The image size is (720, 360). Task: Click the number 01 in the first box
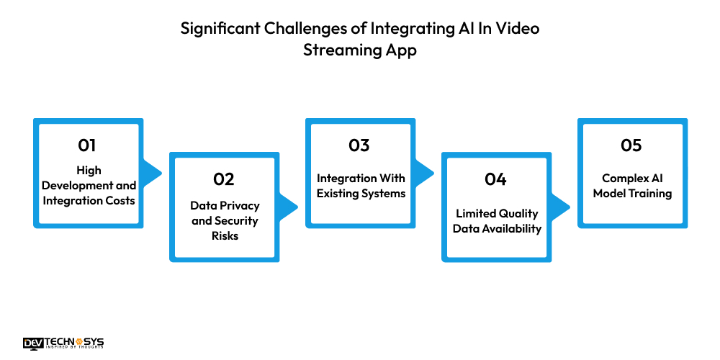point(87,145)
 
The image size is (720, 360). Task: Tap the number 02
point(224,179)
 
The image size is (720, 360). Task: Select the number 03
point(359,145)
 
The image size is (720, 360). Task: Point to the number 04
point(495,179)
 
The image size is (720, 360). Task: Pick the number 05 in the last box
point(631,145)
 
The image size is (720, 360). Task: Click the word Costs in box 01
point(118,200)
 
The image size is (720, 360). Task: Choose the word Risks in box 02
point(225,236)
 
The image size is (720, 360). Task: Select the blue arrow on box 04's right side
point(560,207)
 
